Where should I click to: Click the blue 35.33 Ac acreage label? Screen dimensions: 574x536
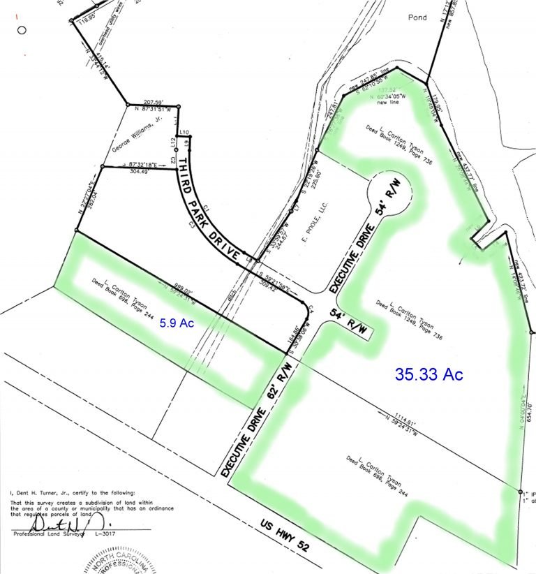click(429, 374)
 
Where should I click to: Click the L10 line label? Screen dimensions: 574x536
click(184, 131)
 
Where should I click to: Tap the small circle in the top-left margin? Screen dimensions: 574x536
click(22, 30)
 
